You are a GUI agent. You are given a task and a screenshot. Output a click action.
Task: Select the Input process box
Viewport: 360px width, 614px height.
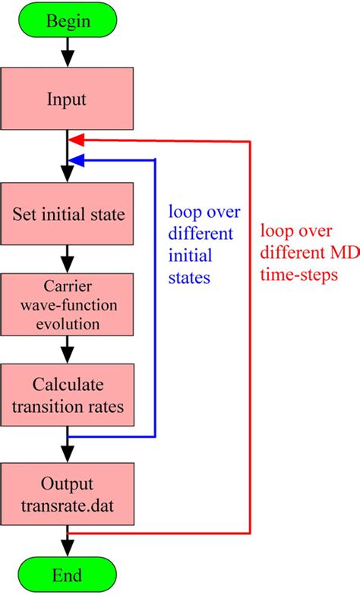pyautogui.click(x=68, y=99)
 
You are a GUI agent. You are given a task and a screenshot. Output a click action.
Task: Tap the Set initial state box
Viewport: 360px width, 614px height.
pyautogui.click(x=68, y=214)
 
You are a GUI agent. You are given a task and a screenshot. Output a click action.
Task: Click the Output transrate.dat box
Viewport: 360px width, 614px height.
pyautogui.click(x=68, y=492)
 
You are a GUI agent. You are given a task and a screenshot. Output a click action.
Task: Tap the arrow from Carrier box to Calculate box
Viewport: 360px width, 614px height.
pyautogui.click(x=68, y=350)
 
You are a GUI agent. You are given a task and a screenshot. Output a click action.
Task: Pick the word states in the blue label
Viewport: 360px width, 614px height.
pyautogui.click(x=188, y=279)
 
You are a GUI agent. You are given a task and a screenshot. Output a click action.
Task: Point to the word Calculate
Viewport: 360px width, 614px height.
pyautogui.click(x=68, y=383)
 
